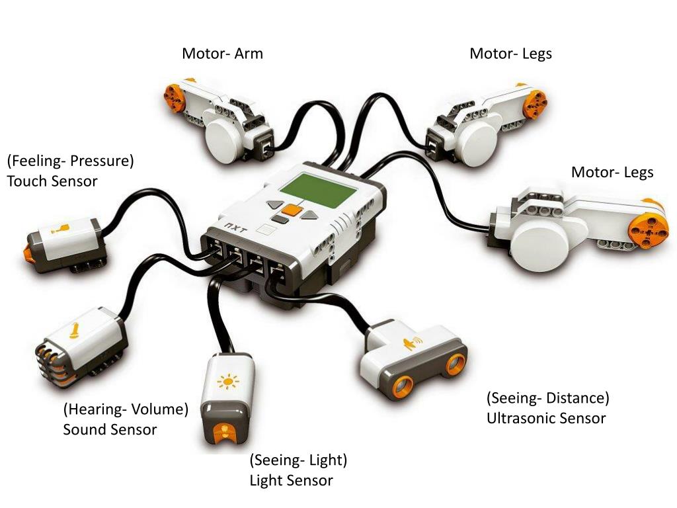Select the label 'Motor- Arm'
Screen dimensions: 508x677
222,54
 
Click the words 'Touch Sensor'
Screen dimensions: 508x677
52,180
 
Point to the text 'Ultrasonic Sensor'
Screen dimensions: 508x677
546,418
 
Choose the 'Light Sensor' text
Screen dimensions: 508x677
291,480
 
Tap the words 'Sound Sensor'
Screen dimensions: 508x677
110,429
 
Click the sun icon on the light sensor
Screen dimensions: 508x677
228,382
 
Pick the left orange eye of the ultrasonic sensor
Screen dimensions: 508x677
401,386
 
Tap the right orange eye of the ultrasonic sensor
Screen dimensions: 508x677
455,364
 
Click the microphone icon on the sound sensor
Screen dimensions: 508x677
74,329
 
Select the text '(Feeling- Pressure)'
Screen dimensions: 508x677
71,160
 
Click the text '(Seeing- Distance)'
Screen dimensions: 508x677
547,398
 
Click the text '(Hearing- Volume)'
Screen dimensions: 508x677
126,409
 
